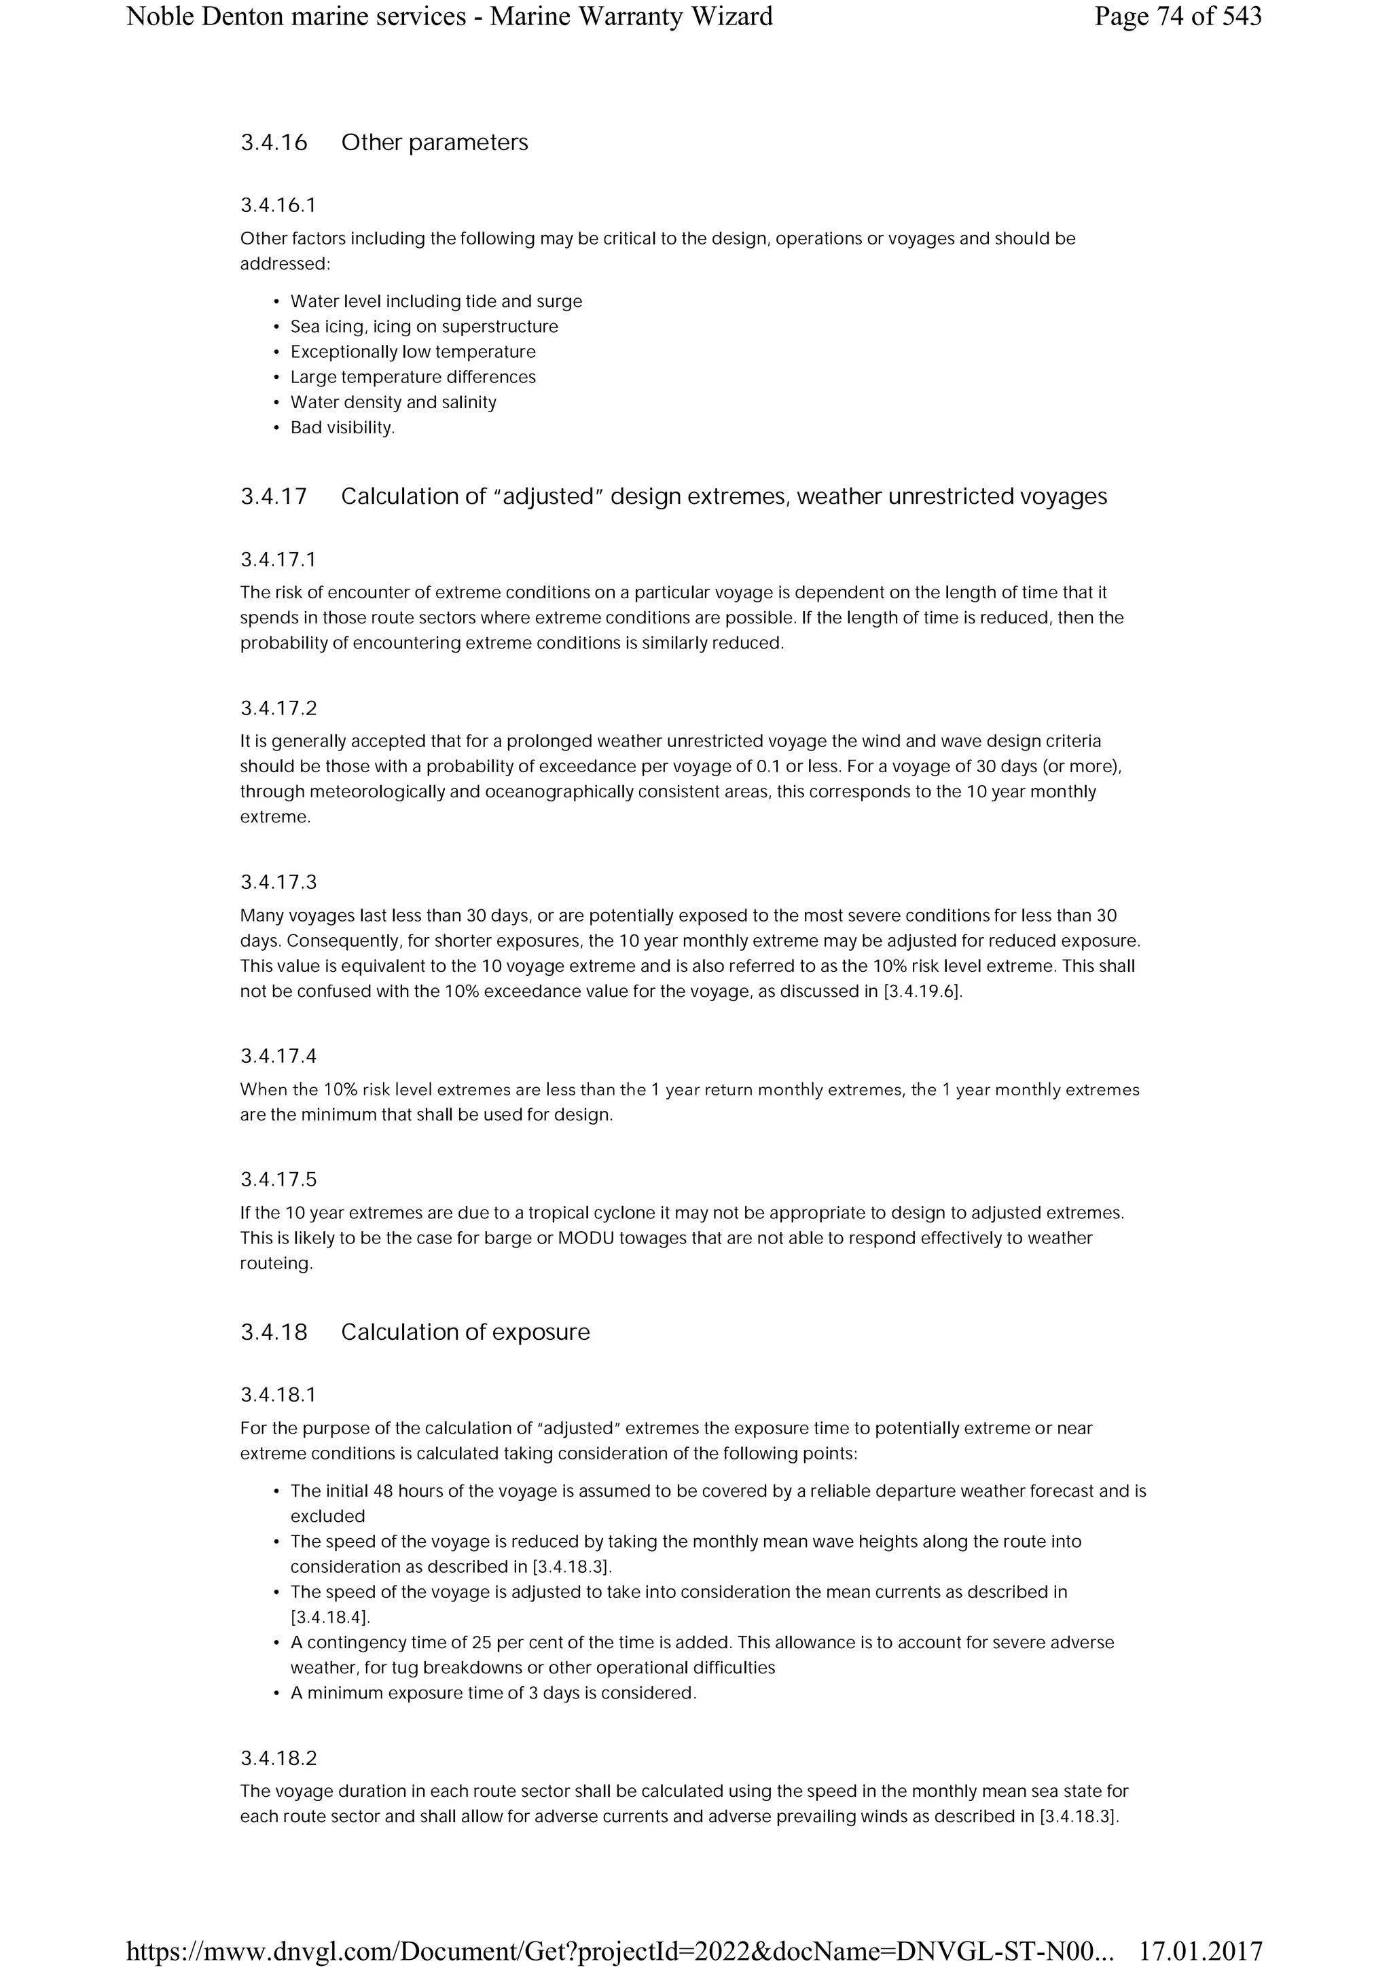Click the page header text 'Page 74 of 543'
(1177, 16)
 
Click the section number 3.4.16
(274, 143)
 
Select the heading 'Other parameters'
(435, 143)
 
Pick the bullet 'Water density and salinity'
(393, 402)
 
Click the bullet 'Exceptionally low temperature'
(413, 352)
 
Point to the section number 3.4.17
(274, 497)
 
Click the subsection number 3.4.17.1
(278, 560)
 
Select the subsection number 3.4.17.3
(278, 883)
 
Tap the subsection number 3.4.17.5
(278, 1180)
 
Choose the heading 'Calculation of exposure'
(465, 1332)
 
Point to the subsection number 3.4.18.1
(278, 1395)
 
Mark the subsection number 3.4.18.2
(278, 1759)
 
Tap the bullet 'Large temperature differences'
(413, 377)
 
